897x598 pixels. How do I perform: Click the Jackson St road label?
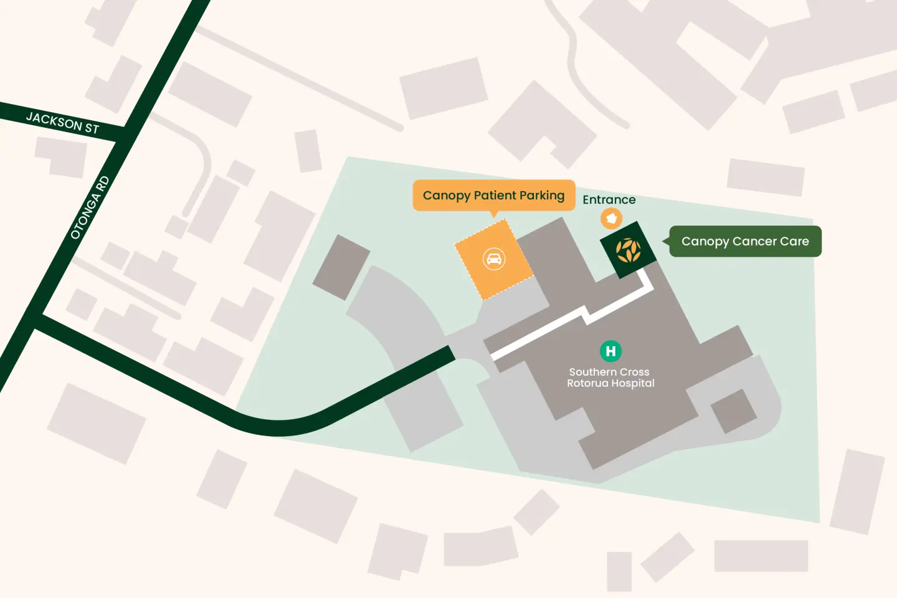pos(62,123)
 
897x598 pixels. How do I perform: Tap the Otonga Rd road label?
pos(90,208)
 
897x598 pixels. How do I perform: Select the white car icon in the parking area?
pos(494,259)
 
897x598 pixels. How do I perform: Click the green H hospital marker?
pos(610,351)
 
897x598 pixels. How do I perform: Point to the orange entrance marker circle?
pos(611,219)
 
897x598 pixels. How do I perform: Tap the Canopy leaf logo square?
pos(628,250)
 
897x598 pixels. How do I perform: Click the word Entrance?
pos(609,200)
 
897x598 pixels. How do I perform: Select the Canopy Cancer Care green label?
pos(745,242)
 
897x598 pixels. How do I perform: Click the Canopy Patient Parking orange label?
pos(493,196)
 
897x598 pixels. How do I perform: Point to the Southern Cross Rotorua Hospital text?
pos(610,377)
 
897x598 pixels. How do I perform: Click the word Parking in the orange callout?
pos(542,196)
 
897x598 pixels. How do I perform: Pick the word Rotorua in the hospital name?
pos(587,384)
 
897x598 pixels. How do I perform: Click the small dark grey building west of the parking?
pos(341,267)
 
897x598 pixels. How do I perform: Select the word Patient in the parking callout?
pos(495,196)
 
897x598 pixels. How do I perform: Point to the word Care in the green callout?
pos(794,242)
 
